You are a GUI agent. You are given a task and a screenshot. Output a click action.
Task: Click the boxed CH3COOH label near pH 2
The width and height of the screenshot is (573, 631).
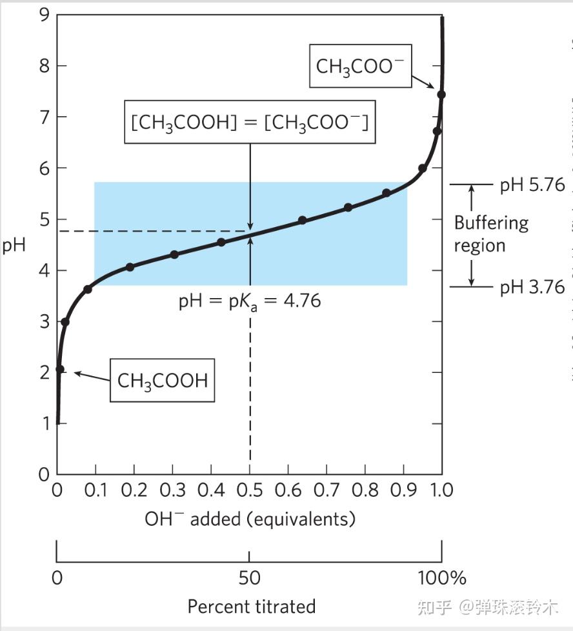(x=162, y=380)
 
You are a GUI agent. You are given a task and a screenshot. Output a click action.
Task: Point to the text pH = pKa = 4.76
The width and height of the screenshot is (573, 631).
(x=249, y=301)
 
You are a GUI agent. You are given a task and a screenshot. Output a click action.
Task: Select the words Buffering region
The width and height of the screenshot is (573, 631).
(x=490, y=234)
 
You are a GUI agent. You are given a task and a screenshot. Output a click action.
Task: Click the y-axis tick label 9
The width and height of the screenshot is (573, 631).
(x=44, y=14)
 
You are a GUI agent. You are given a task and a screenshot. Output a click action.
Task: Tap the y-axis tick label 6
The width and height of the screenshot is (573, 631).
(x=44, y=168)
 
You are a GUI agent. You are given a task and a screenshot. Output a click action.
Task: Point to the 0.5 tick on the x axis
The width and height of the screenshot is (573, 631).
(x=250, y=490)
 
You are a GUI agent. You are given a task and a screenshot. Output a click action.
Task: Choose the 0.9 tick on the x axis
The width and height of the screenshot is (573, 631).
(x=404, y=490)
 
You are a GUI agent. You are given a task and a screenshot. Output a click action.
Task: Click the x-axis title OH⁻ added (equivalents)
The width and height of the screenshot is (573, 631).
(x=250, y=519)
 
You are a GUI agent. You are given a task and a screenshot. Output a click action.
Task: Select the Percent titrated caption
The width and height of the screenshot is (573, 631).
(x=251, y=606)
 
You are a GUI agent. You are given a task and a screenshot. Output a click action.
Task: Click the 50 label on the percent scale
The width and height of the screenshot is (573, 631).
(x=250, y=577)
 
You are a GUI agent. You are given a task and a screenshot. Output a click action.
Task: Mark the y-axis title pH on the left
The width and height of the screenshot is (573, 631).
(x=13, y=245)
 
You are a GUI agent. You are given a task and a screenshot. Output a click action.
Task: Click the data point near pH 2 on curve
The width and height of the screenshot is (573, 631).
(x=59, y=370)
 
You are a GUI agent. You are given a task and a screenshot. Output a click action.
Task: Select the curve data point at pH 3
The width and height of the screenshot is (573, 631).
(x=65, y=321)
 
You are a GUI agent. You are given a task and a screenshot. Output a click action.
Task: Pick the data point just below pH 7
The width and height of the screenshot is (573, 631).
(x=437, y=132)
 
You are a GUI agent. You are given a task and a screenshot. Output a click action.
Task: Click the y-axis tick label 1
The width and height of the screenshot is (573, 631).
(x=44, y=423)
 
